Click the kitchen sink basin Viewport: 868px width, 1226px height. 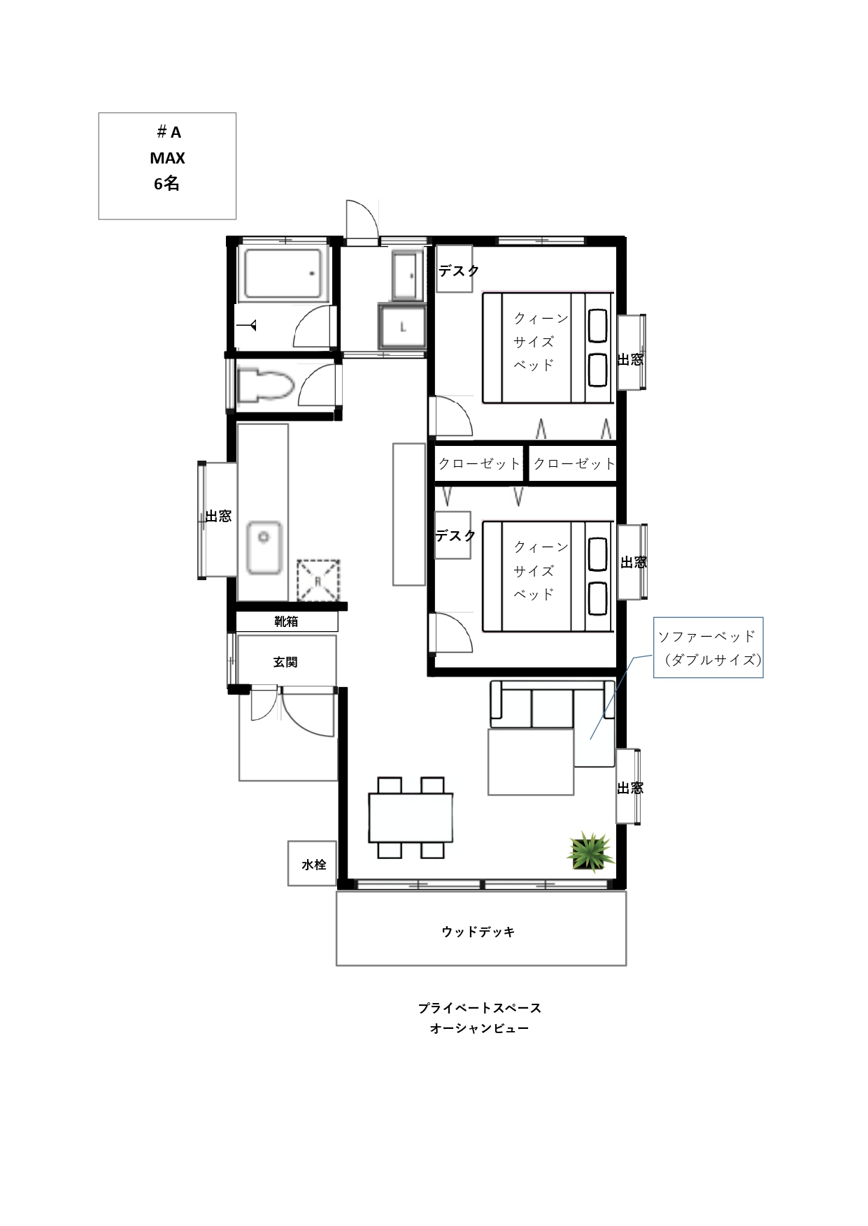click(264, 547)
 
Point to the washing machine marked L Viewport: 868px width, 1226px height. click(402, 326)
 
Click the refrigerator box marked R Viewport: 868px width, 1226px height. click(318, 580)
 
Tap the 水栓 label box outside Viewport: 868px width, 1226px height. click(313, 864)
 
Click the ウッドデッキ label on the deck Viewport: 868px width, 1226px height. click(478, 932)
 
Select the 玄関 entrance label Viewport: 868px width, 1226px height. click(285, 662)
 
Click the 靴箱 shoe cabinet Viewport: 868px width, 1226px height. click(287, 621)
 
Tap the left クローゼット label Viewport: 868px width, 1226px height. click(480, 463)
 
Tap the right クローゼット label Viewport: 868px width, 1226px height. click(574, 463)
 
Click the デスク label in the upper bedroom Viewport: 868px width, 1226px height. click(459, 271)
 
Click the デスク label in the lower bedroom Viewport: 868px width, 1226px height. click(456, 535)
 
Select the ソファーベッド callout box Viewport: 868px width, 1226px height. click(708, 647)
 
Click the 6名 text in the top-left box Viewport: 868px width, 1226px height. click(167, 184)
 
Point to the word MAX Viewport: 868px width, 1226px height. click(167, 159)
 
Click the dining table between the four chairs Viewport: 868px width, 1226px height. click(411, 818)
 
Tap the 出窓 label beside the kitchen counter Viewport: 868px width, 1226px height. click(218, 517)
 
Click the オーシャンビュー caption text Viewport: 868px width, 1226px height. click(480, 1028)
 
